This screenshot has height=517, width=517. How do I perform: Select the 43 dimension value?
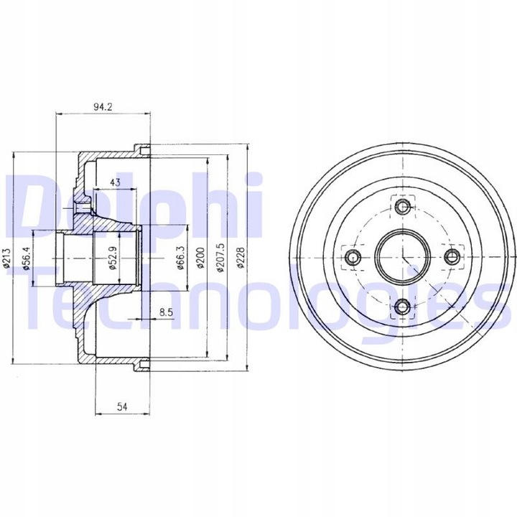pos(115,182)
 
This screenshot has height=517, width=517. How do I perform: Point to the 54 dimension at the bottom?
pos(122,406)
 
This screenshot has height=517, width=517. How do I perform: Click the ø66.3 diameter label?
pos(181,257)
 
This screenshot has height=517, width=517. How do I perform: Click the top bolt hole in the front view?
pos(402,208)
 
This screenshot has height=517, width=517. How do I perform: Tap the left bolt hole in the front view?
pos(352,257)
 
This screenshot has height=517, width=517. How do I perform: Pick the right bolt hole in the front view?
pos(452,257)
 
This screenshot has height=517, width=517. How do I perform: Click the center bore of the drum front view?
pos(401,257)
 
